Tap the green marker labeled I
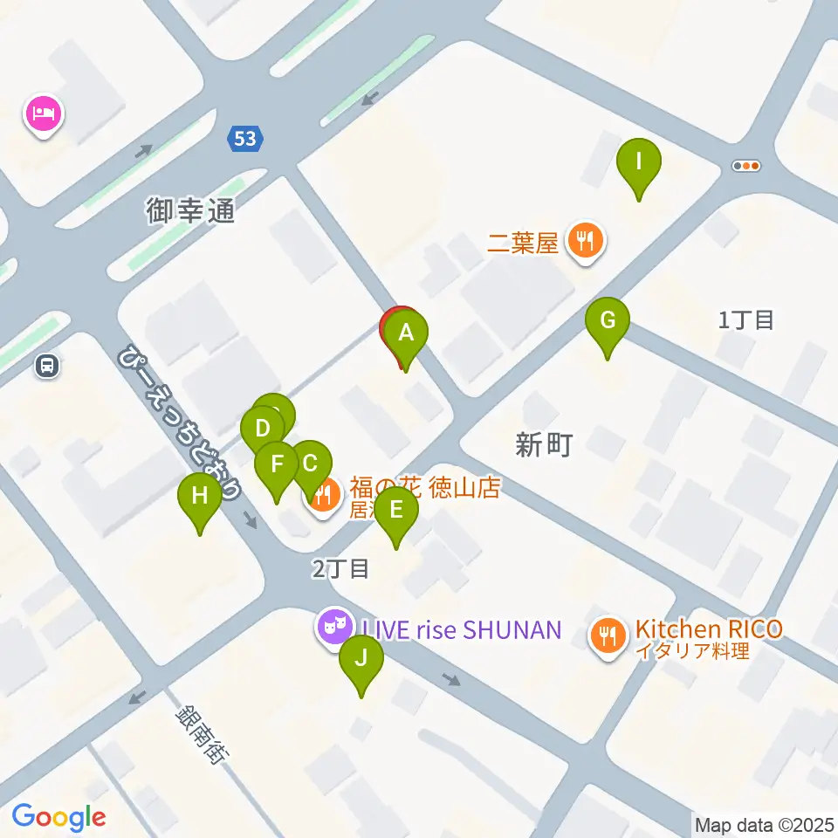(x=639, y=162)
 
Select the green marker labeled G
(x=608, y=321)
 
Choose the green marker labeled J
(x=361, y=659)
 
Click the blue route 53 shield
(x=244, y=137)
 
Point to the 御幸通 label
(x=190, y=210)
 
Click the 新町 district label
(x=543, y=445)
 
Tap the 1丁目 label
(x=746, y=319)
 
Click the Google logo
(x=59, y=817)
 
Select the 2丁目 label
(x=341, y=569)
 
